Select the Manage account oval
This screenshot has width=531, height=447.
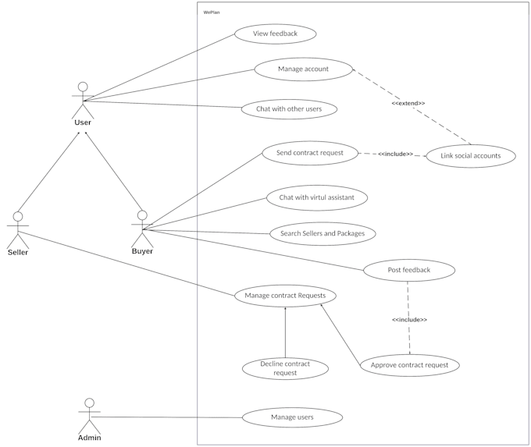(x=304, y=69)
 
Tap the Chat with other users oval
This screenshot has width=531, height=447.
(x=289, y=109)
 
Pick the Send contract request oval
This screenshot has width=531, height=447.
(x=310, y=153)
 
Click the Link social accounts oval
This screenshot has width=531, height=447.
(x=471, y=156)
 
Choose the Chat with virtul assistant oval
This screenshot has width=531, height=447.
(x=317, y=198)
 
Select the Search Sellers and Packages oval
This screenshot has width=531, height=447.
(x=323, y=233)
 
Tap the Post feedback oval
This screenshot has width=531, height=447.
(x=409, y=271)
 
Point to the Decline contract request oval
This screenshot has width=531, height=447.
(x=286, y=368)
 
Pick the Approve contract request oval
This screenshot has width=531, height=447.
(x=410, y=365)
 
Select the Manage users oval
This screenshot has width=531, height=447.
(x=292, y=417)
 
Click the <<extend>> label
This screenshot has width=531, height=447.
(x=408, y=103)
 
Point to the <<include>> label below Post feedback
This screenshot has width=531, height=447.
(x=409, y=320)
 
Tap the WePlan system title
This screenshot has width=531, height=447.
(x=210, y=12)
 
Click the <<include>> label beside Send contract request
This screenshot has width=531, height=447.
(x=395, y=154)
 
